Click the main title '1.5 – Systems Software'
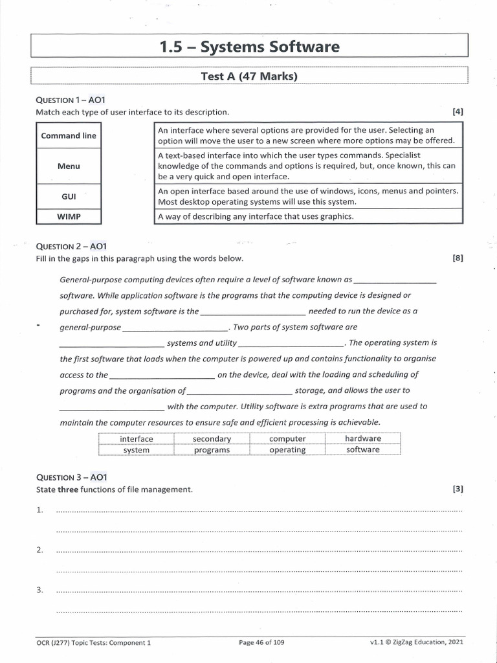click(x=249, y=47)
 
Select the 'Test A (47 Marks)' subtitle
click(x=249, y=76)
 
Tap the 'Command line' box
click(x=69, y=136)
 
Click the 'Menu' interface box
click(x=69, y=166)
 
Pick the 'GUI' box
click(x=69, y=195)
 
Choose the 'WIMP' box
click(x=69, y=216)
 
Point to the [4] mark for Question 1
click(x=458, y=111)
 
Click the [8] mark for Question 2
click(x=458, y=259)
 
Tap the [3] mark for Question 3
click(x=458, y=489)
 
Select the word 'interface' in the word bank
click(x=137, y=439)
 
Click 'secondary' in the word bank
click(x=212, y=439)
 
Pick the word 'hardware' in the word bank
click(x=363, y=438)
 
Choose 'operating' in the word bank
click(x=287, y=450)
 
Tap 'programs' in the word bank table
click(x=212, y=450)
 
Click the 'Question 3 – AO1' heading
click(x=71, y=477)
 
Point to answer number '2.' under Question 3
click(x=40, y=550)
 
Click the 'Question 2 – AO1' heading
click(x=71, y=247)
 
